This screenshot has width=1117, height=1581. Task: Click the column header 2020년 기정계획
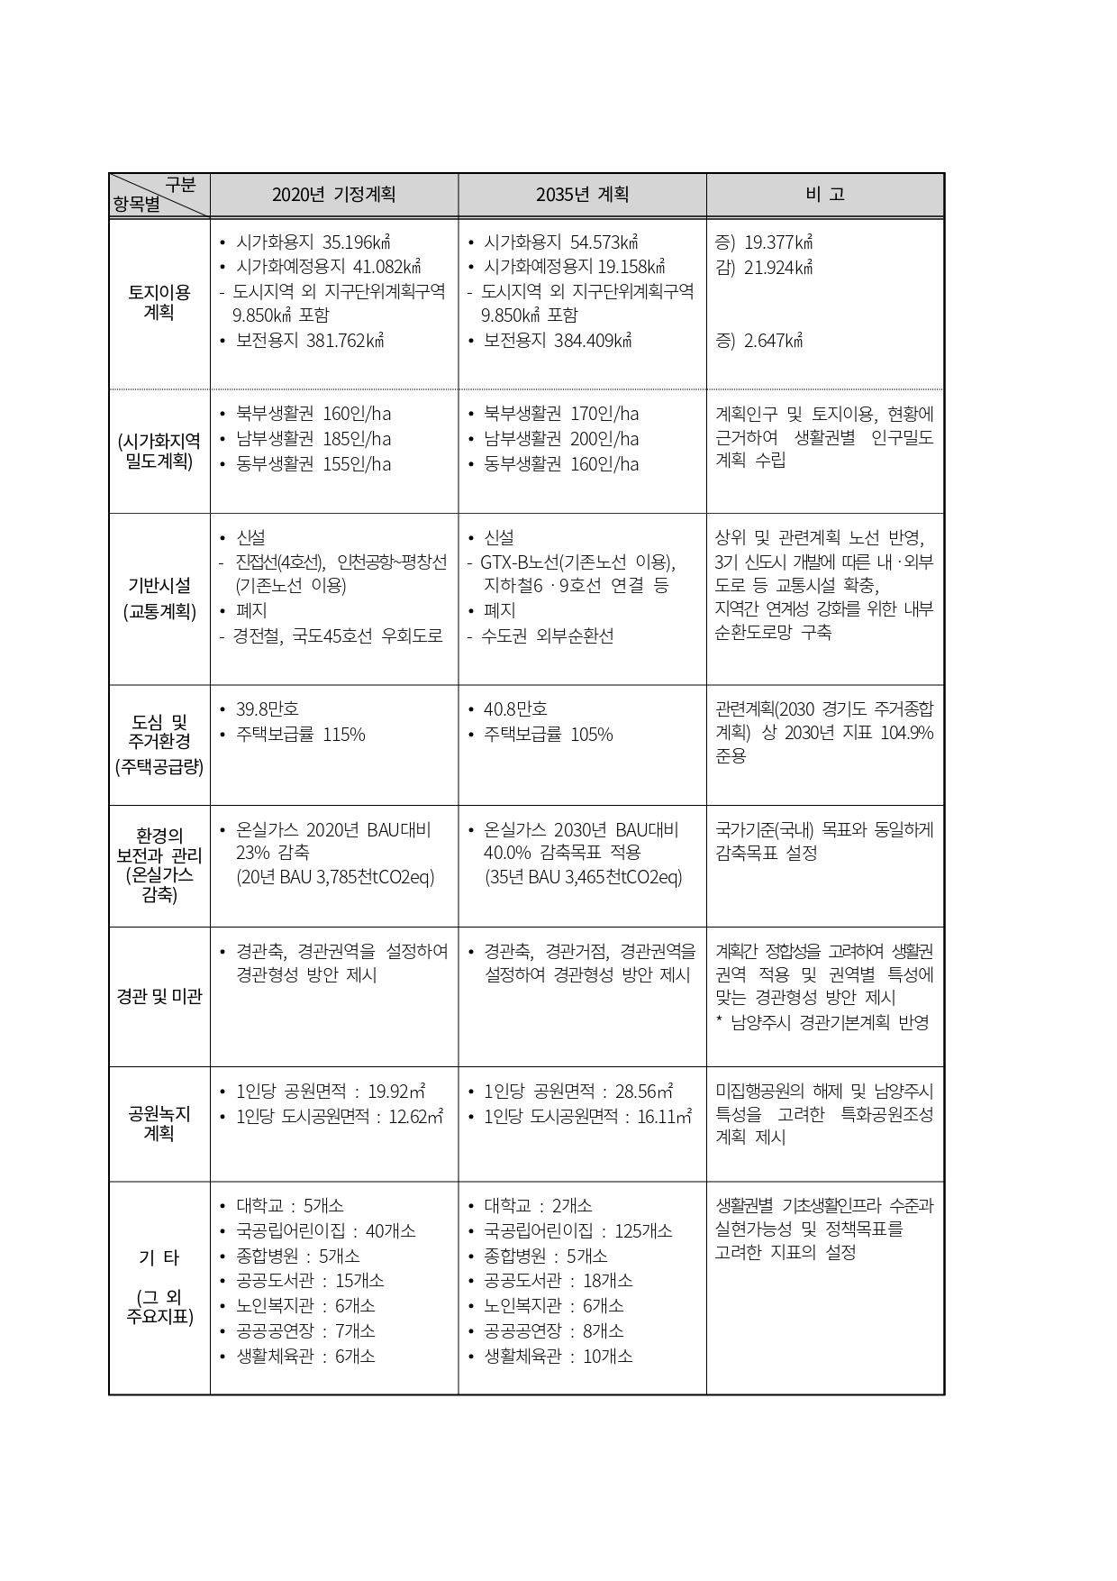(333, 195)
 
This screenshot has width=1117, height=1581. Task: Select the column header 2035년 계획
(582, 195)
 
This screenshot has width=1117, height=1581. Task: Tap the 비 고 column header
(824, 195)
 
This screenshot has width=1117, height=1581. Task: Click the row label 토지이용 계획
(159, 302)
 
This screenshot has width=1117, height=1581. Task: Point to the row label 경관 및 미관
(159, 996)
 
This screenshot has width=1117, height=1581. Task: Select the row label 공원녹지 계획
(159, 1123)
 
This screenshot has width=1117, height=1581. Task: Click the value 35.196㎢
(356, 242)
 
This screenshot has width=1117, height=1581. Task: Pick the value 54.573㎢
(604, 242)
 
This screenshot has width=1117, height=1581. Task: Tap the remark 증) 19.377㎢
(764, 242)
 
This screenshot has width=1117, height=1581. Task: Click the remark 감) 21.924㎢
(764, 268)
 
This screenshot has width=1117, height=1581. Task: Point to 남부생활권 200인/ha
(561, 439)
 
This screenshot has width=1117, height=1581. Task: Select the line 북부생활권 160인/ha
(313, 414)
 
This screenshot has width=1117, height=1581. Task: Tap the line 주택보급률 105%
(548, 735)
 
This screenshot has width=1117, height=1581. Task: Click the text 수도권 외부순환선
(547, 635)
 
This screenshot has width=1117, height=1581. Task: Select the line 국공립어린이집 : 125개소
(577, 1230)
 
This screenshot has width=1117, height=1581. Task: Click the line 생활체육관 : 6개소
(305, 1356)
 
